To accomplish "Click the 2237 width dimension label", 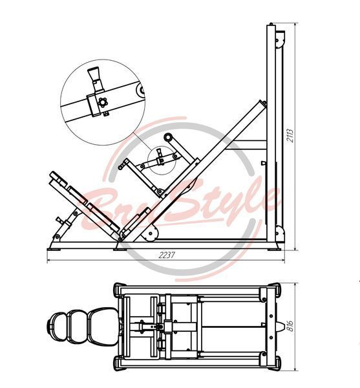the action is [x=167, y=255].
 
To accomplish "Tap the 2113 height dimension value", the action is [x=290, y=135].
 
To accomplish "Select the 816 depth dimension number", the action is [x=290, y=326].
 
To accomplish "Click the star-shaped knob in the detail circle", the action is [x=102, y=102].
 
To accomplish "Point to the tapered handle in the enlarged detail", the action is [x=95, y=78].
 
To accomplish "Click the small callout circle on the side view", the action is [x=162, y=160].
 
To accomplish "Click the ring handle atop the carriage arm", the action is [x=169, y=137].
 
